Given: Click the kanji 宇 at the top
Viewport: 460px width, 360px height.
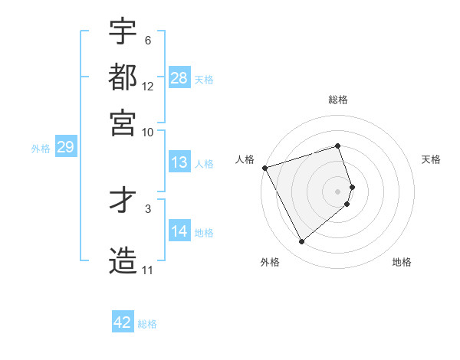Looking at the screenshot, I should (123, 31).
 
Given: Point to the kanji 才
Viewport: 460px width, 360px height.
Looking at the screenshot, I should (123, 201).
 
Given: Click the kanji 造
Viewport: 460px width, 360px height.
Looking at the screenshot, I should (123, 261).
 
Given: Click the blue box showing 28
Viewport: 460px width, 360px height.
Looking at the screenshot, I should (179, 78).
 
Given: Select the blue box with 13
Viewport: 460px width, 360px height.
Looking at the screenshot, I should (179, 162).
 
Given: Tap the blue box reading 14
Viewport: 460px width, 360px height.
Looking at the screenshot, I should (179, 231).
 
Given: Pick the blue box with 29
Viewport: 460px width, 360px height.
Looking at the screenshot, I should (65, 148).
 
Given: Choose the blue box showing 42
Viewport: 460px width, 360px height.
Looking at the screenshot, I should (123, 322).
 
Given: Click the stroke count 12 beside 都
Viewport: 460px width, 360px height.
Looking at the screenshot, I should (148, 86).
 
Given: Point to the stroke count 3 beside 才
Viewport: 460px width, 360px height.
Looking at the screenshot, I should (148, 208).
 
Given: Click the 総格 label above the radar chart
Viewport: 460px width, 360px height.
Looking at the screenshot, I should (338, 100).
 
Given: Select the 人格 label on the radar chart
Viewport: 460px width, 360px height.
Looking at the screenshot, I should (245, 159).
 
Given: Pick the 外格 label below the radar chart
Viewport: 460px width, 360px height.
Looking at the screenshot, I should (270, 263).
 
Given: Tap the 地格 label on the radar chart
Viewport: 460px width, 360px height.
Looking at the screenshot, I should (402, 263).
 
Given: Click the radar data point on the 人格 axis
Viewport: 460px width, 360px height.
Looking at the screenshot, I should (264, 168).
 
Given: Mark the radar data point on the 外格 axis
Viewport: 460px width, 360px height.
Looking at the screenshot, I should (301, 242).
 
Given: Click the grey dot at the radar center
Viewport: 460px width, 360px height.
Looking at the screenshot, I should (338, 191).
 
